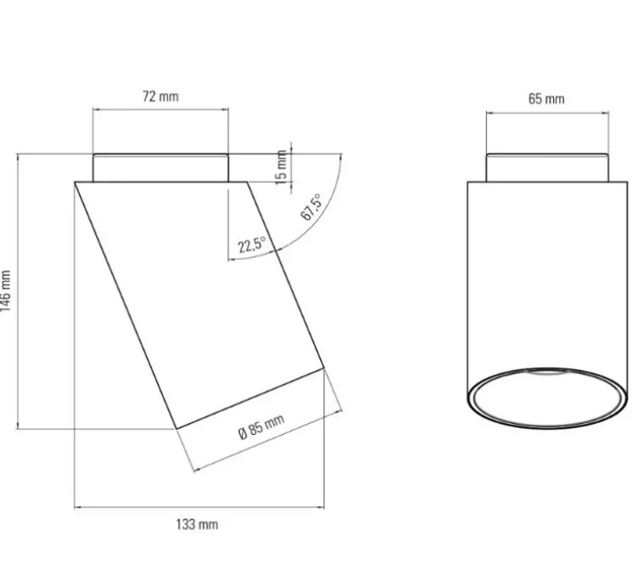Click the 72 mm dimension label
click(160, 97)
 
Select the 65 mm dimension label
click(546, 99)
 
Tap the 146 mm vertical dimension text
click(8, 291)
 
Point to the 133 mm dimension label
click(197, 524)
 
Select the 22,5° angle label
click(251, 246)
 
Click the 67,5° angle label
click(311, 207)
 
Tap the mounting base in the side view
click(160, 167)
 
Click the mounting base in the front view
click(546, 167)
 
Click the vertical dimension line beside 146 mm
click(18, 291)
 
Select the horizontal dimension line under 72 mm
click(160, 110)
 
